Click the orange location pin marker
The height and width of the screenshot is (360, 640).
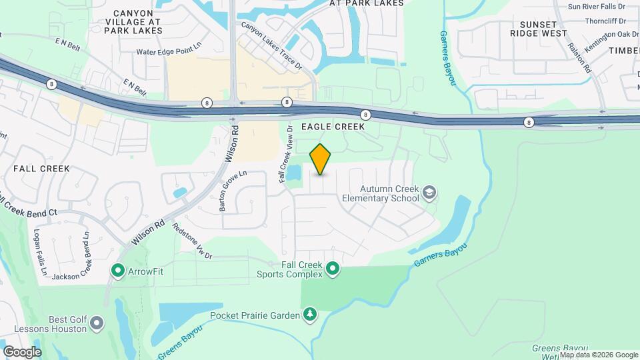[321, 159]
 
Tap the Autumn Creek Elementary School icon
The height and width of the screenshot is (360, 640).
[430, 193]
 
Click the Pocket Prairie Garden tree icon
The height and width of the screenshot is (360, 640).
[309, 314]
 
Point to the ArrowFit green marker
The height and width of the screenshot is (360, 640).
[118, 271]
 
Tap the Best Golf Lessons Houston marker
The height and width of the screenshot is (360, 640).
[97, 324]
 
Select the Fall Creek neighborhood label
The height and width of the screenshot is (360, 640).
[41, 169]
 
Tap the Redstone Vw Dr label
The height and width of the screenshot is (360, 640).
[192, 241]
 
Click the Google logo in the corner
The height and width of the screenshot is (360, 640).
[22, 351]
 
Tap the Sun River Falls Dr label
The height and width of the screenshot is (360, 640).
[599, 7]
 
